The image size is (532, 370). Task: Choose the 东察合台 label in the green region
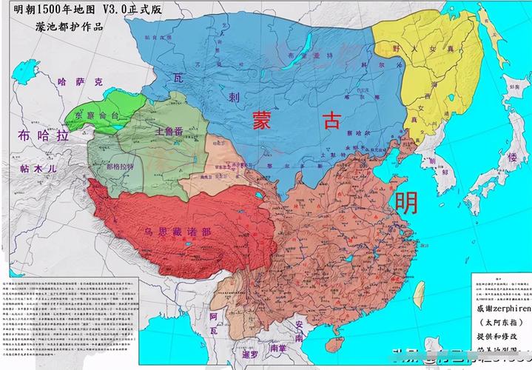96,115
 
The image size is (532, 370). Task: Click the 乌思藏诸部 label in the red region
178,232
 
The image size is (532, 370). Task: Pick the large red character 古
331,121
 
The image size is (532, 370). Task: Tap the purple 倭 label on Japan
511,158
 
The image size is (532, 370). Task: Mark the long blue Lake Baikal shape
297,54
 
